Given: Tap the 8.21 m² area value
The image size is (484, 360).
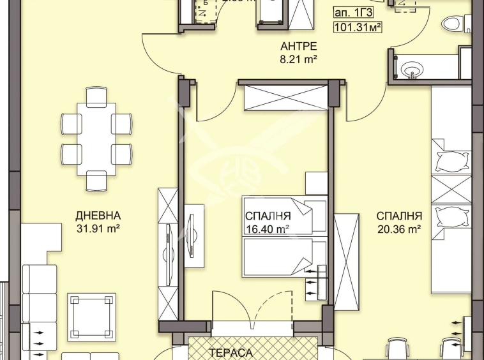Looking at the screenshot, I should point(298,59).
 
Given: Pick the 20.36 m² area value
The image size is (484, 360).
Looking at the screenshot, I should point(398,228).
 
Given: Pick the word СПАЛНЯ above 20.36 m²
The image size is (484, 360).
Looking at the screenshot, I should point(398,216).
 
